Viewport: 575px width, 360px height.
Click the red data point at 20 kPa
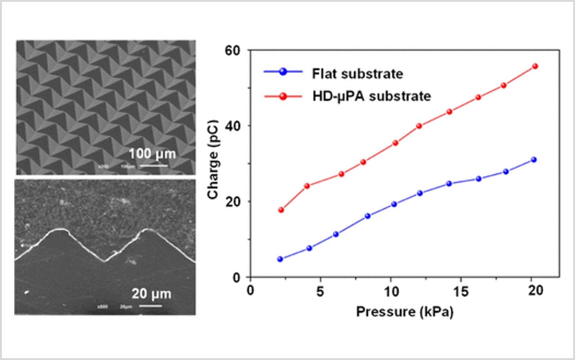[535, 66]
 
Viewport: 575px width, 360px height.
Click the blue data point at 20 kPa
[534, 160]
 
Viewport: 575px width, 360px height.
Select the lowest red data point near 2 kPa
[281, 210]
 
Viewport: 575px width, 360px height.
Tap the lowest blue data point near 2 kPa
[280, 259]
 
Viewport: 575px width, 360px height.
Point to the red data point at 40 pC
[419, 126]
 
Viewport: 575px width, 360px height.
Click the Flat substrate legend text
[357, 74]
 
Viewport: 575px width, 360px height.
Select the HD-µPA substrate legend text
[371, 96]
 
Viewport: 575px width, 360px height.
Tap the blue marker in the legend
[283, 72]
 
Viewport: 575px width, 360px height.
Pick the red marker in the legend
[283, 96]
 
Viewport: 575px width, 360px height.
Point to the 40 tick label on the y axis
[232, 126]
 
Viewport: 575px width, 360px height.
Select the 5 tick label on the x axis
[320, 291]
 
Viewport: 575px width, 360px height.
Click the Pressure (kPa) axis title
[405, 312]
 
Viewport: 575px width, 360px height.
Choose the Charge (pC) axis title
[213, 160]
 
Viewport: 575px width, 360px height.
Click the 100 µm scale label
[152, 154]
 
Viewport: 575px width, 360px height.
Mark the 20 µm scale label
[151, 294]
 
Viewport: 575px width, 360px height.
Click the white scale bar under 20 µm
[150, 306]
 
